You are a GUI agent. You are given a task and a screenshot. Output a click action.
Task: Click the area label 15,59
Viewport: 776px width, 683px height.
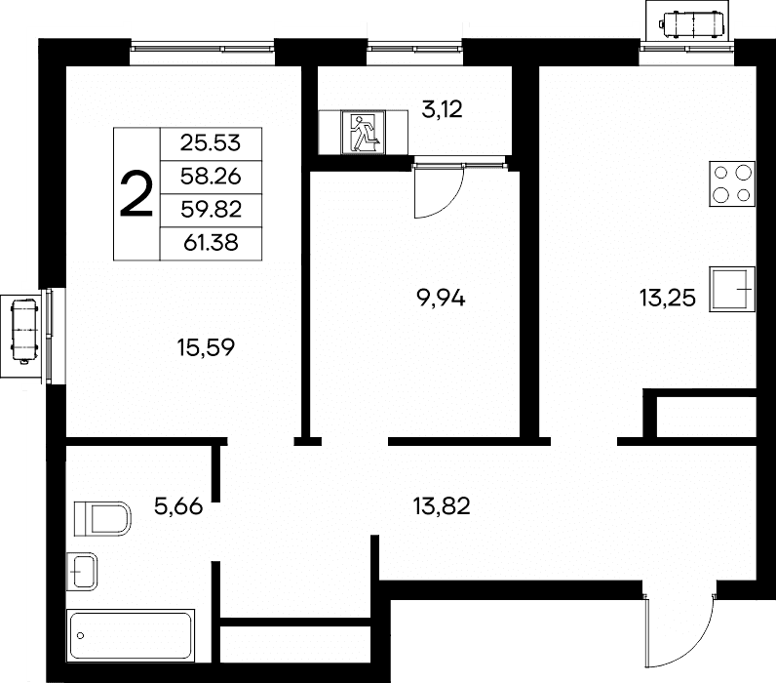point(206,347)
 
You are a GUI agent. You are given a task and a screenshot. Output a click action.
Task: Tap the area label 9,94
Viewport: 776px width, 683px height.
point(442,299)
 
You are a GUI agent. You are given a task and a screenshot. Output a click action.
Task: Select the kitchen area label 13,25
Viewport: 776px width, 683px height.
point(668,299)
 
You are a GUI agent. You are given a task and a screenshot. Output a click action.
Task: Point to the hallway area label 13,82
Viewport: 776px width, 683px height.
point(442,506)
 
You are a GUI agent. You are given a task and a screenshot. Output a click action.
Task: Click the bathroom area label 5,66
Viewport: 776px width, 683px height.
point(178,506)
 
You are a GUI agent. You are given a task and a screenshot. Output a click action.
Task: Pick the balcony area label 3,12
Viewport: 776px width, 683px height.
point(442,109)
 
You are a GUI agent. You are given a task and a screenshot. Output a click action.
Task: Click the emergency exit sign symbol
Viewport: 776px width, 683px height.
point(364,133)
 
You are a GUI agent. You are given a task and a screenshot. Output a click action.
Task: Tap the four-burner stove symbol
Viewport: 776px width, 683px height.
point(732,183)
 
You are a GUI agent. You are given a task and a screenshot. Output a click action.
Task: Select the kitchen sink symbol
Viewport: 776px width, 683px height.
point(732,289)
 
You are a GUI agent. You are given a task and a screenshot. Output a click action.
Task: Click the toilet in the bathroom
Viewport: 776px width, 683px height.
point(102,518)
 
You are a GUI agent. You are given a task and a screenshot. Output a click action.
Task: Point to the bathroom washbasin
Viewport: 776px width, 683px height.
point(82,571)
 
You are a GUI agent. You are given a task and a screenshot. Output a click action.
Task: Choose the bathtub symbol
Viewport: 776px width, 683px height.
point(131,635)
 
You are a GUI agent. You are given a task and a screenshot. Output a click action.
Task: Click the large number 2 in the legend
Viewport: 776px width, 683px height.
point(136,193)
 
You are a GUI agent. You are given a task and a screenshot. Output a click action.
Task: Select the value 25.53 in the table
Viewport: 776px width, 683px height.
point(211,143)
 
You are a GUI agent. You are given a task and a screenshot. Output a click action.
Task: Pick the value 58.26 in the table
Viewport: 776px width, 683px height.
point(211,177)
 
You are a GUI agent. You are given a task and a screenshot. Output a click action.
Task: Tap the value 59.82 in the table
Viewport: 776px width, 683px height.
point(211,210)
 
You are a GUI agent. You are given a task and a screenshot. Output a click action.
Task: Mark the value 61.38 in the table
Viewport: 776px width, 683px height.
point(211,243)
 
